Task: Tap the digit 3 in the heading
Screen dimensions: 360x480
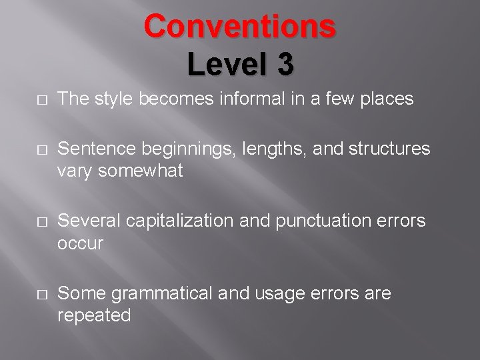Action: (281, 65)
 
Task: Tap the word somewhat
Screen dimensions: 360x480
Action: (139, 171)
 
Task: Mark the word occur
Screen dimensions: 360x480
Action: (80, 243)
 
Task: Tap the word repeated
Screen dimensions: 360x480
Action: (94, 315)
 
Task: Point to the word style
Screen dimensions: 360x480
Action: (113, 99)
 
